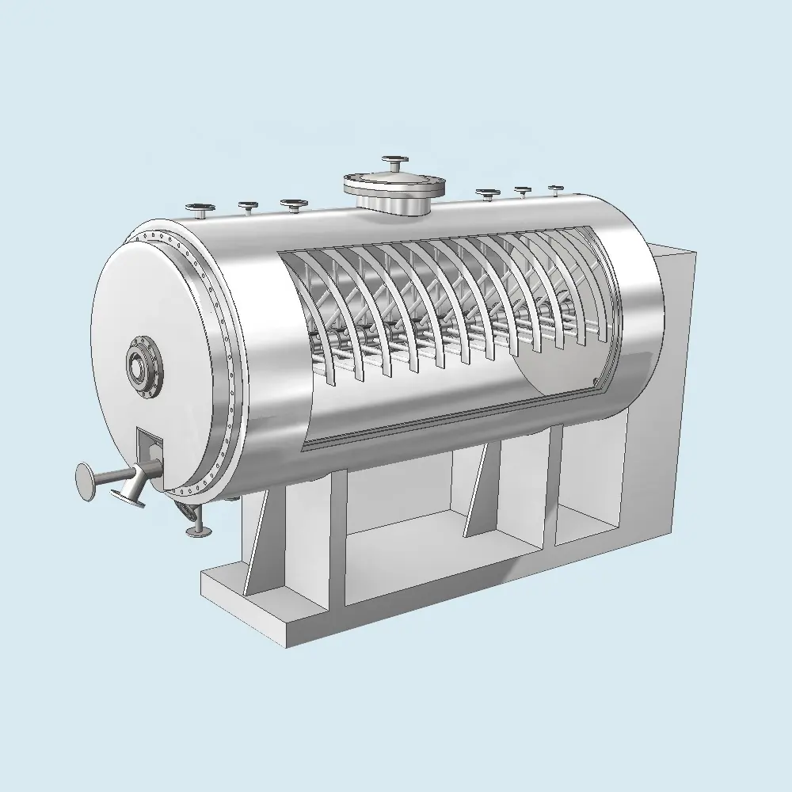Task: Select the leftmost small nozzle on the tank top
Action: pyautogui.click(x=201, y=211)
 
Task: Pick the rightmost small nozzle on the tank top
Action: pyautogui.click(x=555, y=189)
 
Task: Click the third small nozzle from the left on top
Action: pyautogui.click(x=294, y=204)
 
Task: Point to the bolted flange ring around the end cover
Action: pyautogui.click(x=208, y=356)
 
